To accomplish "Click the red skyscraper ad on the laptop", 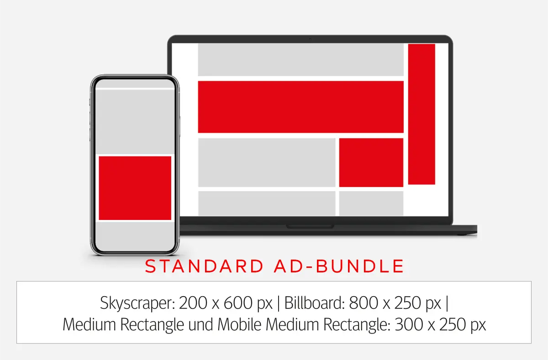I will coord(422,114).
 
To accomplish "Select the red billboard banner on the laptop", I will coord(300,107).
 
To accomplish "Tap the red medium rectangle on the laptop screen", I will coord(371,162).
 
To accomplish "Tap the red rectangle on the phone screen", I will coord(135,188).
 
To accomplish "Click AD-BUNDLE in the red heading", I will coord(340,266).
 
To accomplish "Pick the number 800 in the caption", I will coord(364,303).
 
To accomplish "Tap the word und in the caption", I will coord(203,325).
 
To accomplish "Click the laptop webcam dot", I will coord(310,39).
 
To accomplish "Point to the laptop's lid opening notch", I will coord(310,226).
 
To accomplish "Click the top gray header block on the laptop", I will coord(300,59).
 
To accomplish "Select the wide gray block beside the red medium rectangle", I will coord(267,162).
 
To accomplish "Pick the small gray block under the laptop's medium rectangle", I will coord(371,203).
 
